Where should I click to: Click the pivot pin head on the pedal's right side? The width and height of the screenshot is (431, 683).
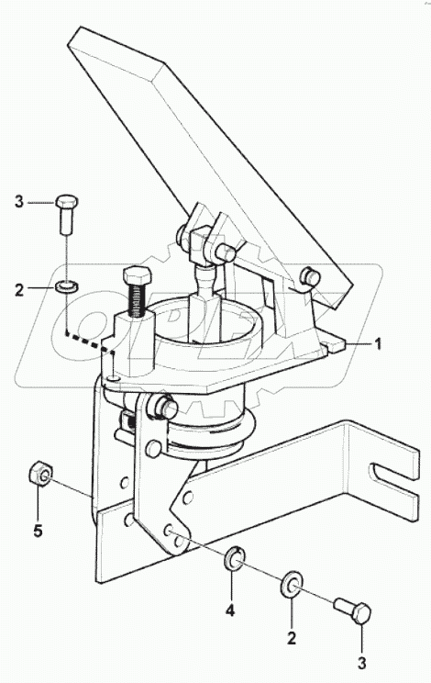312,275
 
